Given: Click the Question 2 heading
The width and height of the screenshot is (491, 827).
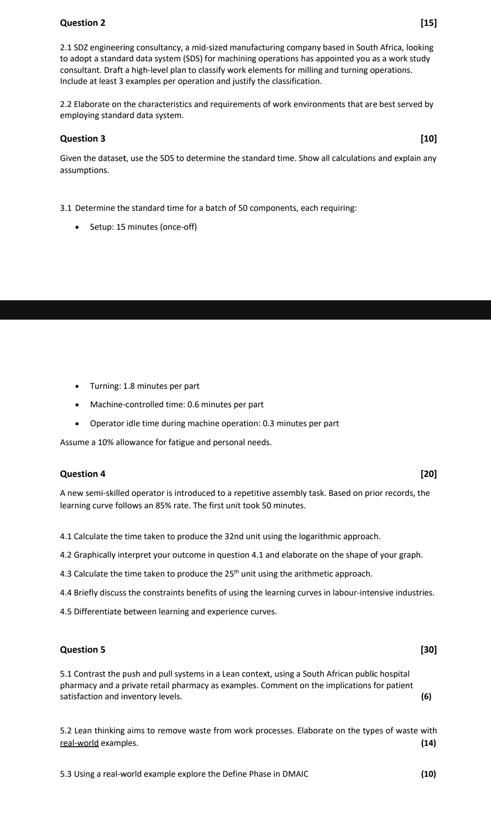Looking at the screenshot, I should pyautogui.click(x=82, y=23).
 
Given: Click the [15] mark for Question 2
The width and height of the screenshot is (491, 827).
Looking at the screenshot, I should pyautogui.click(x=429, y=23).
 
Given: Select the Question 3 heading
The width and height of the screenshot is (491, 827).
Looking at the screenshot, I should pyautogui.click(x=82, y=139).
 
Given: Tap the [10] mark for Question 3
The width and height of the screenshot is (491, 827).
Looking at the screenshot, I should pyautogui.click(x=429, y=139).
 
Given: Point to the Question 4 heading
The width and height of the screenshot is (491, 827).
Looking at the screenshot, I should pyautogui.click(x=82, y=474).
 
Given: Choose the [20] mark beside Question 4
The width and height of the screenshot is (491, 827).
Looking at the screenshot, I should pyautogui.click(x=429, y=474).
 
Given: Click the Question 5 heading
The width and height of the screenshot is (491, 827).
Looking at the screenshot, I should pyautogui.click(x=82, y=650).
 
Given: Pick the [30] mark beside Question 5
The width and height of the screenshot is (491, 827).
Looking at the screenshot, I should pyautogui.click(x=429, y=650).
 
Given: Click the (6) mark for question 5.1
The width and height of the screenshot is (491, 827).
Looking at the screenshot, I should pyautogui.click(x=427, y=697).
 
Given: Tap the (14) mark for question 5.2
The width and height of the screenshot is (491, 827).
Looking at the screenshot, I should pyautogui.click(x=428, y=743).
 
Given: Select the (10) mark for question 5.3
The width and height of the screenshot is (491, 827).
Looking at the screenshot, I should pyautogui.click(x=428, y=774).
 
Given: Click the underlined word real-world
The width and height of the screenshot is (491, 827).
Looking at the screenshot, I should pyautogui.click(x=79, y=743).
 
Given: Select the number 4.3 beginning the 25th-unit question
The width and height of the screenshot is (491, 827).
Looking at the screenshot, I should pyautogui.click(x=66, y=574).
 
